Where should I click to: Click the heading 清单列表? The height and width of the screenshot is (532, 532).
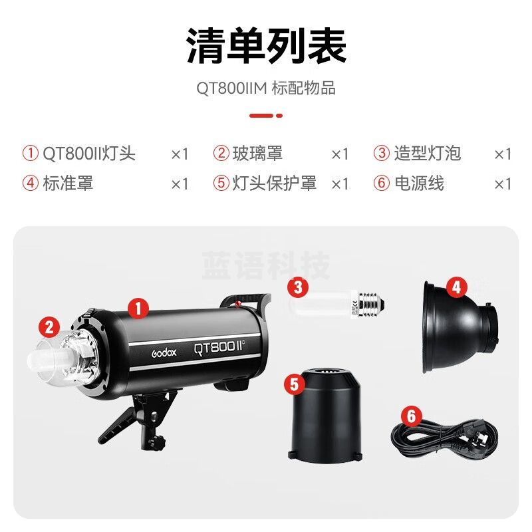(266, 46)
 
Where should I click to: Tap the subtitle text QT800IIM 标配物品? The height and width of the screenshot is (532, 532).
(266, 88)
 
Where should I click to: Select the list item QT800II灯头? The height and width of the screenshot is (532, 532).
(89, 154)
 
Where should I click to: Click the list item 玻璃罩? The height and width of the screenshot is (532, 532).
(257, 154)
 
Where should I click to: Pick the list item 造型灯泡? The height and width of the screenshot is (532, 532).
(427, 154)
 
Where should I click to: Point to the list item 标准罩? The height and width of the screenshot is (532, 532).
(68, 183)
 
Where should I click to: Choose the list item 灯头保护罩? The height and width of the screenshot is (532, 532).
(274, 183)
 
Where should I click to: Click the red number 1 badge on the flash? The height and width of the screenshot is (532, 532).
(138, 307)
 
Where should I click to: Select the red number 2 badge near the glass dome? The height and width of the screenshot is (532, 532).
(48, 327)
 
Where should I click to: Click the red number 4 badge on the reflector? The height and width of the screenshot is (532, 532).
(456, 287)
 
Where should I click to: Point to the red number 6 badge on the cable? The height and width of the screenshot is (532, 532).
(412, 417)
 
